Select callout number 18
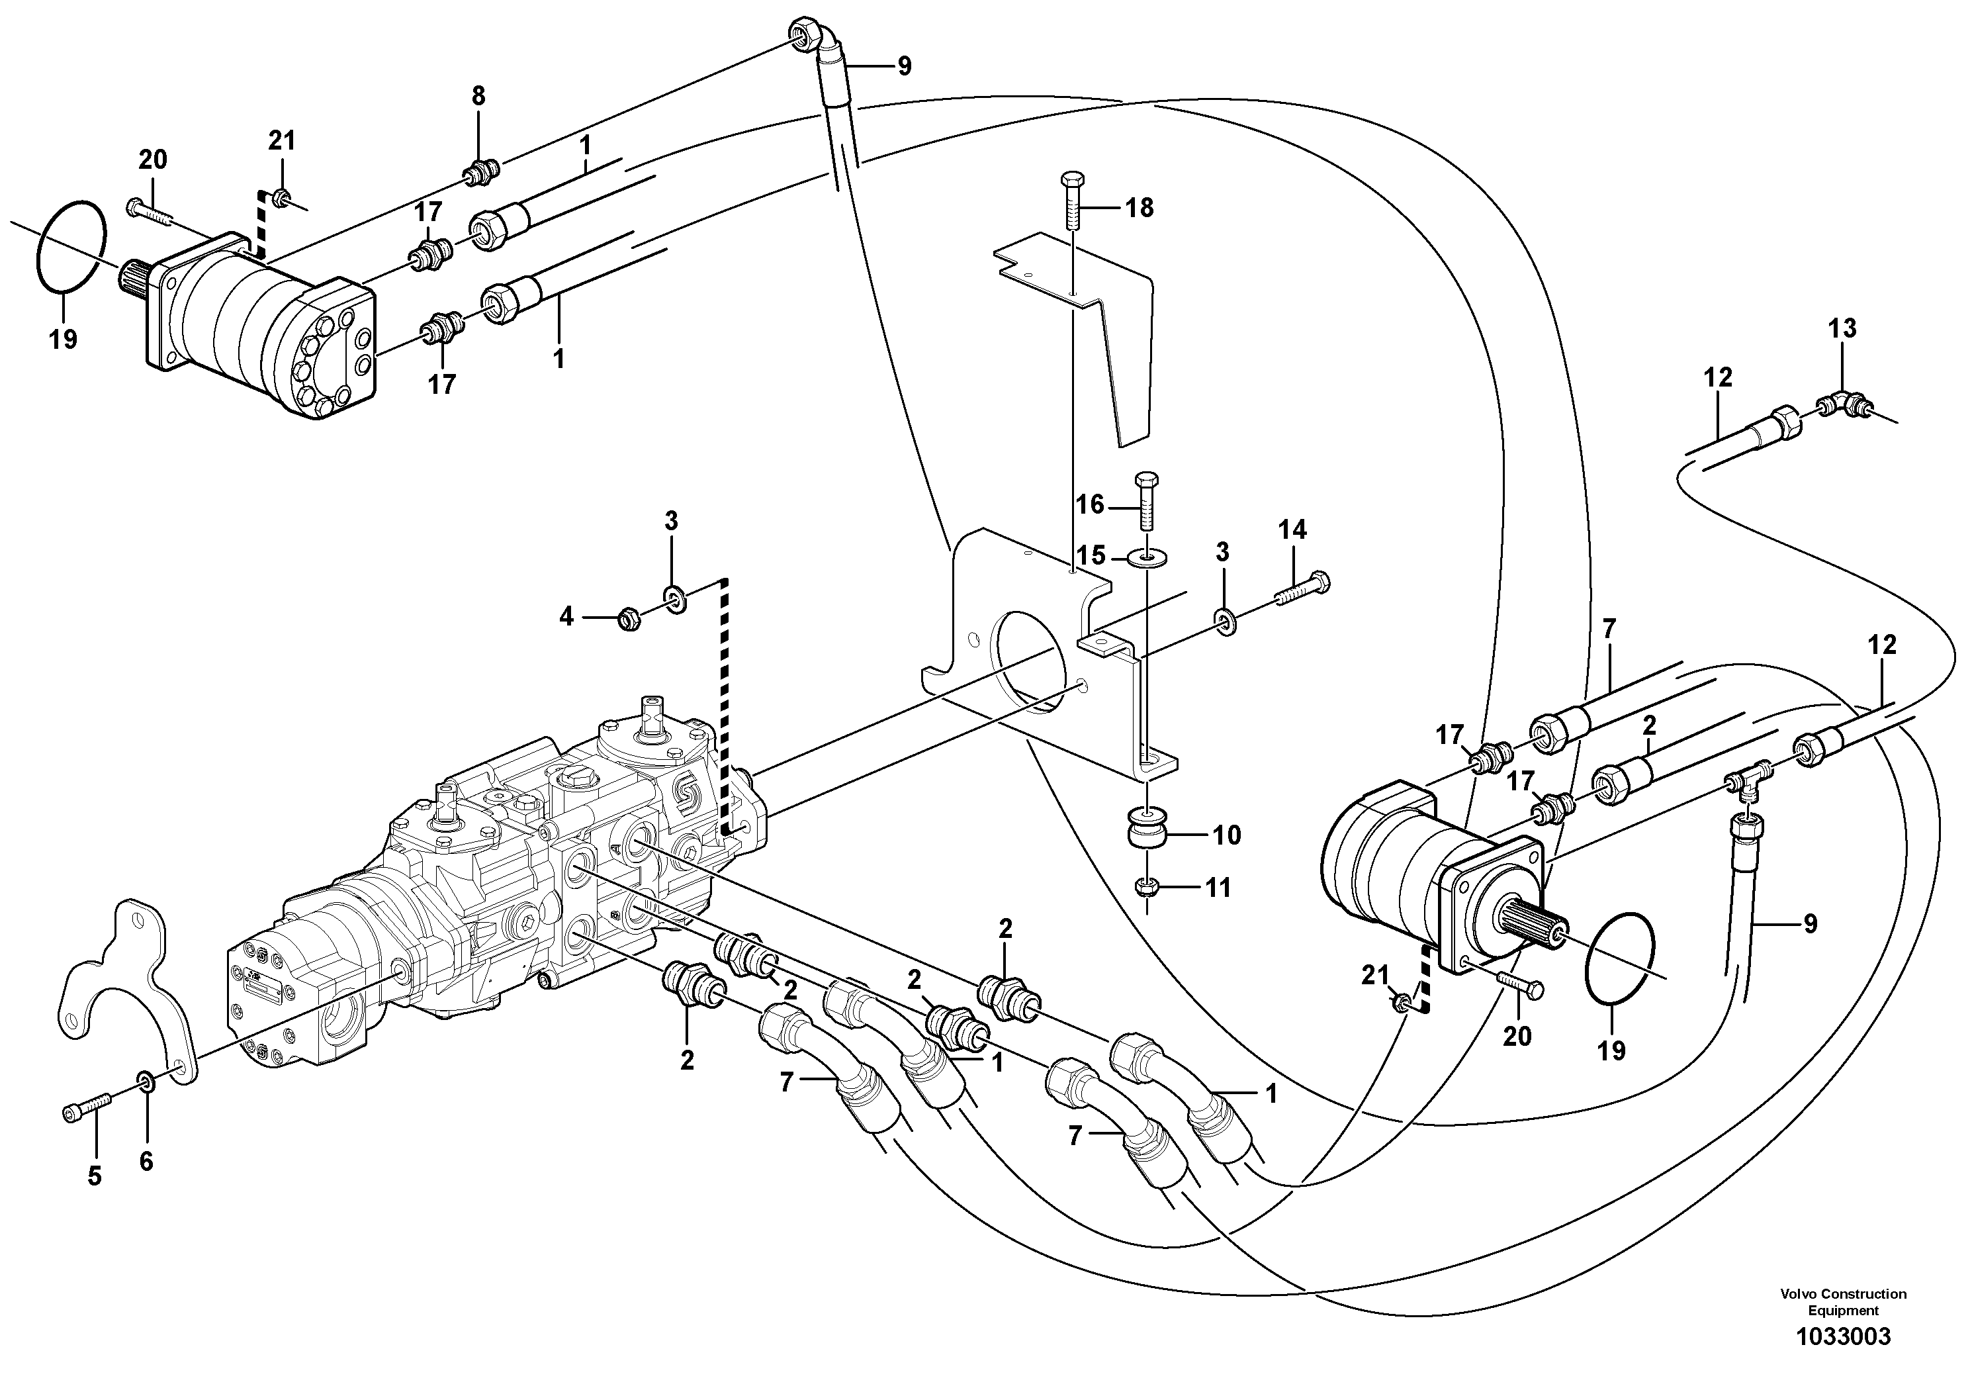point(1140,208)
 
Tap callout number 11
point(1218,888)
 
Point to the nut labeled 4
point(630,618)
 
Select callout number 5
point(95,1176)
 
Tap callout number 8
point(478,96)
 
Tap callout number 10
point(1227,835)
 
